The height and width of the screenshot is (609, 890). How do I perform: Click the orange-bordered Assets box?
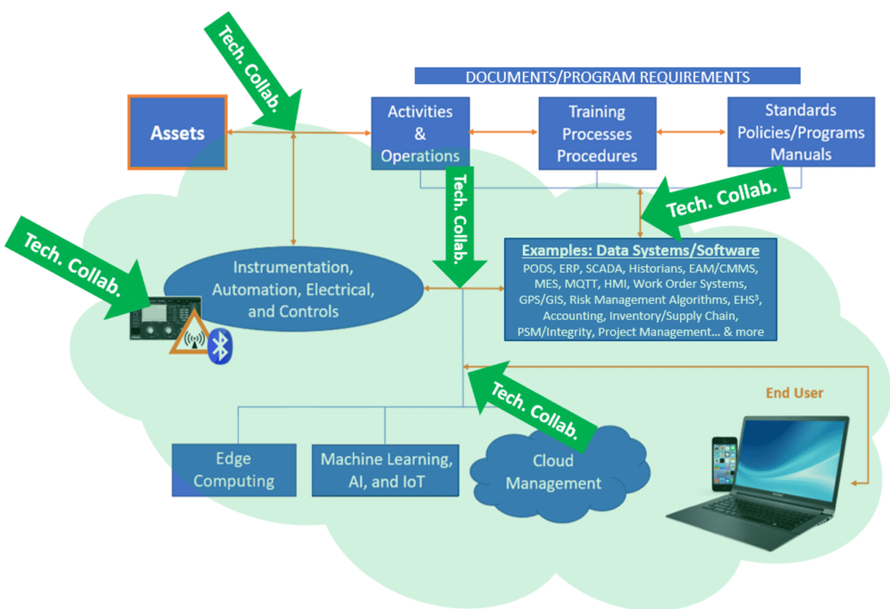[177, 132]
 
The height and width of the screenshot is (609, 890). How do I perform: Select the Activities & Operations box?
[420, 133]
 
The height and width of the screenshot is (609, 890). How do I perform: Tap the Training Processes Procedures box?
[597, 134]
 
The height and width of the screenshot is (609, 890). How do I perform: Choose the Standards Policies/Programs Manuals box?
[800, 132]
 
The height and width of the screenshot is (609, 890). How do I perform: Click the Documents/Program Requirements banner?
[607, 77]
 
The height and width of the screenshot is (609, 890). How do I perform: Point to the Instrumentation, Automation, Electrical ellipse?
[293, 289]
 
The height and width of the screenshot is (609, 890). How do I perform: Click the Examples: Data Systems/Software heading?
[640, 251]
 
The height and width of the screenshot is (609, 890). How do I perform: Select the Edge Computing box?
[234, 469]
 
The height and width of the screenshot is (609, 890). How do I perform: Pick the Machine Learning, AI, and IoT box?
[386, 470]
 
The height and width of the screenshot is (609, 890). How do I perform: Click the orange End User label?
[794, 393]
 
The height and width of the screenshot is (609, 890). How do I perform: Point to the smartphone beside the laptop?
[724, 464]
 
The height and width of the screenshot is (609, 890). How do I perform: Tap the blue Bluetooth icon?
[221, 346]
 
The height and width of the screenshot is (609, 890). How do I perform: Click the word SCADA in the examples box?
[604, 269]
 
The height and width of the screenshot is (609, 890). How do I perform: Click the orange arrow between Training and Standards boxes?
[691, 132]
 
